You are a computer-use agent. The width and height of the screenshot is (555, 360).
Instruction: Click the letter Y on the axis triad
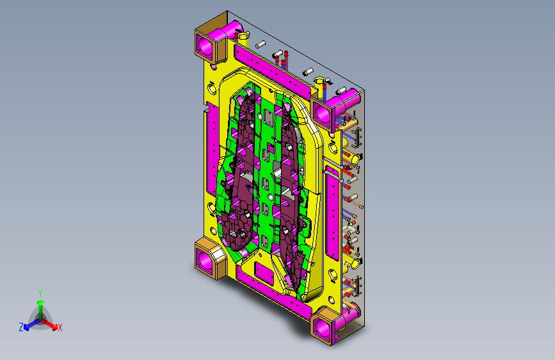click(40, 293)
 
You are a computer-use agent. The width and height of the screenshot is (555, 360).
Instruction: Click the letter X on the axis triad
click(60, 328)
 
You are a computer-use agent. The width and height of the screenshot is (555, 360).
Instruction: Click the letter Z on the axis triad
click(21, 327)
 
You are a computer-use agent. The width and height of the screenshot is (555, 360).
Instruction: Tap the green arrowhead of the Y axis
click(41, 302)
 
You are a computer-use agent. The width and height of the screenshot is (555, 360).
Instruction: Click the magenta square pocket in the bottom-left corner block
click(205, 261)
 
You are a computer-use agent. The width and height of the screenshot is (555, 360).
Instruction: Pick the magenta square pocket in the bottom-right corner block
click(321, 328)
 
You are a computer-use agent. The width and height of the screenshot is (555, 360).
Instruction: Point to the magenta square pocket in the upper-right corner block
click(322, 113)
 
